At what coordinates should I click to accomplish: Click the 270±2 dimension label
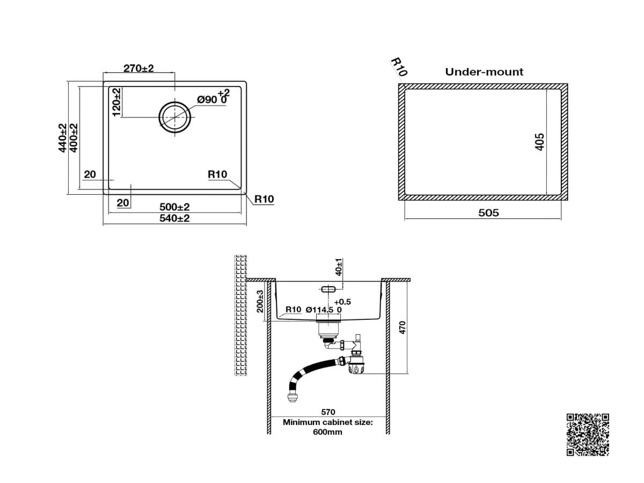pyautogui.click(x=138, y=68)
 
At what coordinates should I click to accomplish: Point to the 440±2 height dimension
pyautogui.click(x=62, y=138)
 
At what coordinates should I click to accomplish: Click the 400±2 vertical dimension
pyautogui.click(x=74, y=138)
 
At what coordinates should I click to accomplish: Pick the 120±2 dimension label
pyautogui.click(x=116, y=102)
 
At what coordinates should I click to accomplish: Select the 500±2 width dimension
pyautogui.click(x=174, y=207)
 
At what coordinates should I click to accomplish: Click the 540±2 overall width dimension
pyautogui.click(x=174, y=218)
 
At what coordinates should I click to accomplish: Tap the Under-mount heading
pyautogui.click(x=484, y=72)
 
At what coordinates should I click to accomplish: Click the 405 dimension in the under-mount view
pyautogui.click(x=539, y=142)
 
